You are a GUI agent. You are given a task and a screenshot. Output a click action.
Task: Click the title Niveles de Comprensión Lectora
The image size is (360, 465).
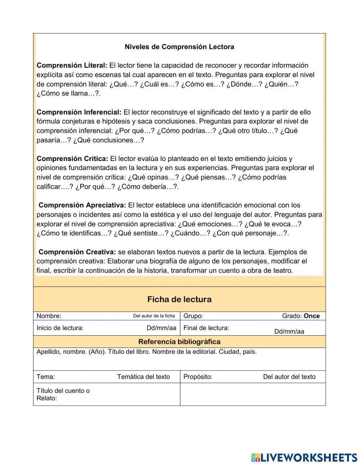[x=179, y=47]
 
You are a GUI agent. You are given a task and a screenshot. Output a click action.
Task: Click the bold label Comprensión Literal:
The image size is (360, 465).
[x=72, y=66]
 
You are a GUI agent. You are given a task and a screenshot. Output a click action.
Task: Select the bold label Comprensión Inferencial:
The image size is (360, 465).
[x=79, y=112]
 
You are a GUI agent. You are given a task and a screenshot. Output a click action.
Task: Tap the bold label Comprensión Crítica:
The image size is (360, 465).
[x=72, y=159]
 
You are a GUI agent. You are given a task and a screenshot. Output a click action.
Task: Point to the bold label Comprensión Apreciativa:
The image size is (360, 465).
[x=82, y=205]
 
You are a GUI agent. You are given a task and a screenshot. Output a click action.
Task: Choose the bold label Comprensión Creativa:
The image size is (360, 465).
[x=77, y=252]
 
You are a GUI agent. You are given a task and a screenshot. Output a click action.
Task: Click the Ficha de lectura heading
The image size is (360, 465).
[x=179, y=299]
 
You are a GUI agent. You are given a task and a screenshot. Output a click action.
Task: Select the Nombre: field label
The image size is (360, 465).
[x=49, y=316]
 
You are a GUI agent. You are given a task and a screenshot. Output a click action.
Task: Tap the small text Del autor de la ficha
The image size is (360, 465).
[x=154, y=316]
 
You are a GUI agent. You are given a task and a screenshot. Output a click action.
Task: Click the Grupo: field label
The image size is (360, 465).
[x=193, y=316]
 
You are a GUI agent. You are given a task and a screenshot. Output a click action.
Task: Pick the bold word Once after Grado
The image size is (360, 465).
[x=312, y=316]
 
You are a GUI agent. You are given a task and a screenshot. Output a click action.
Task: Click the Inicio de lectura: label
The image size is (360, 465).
[x=60, y=328]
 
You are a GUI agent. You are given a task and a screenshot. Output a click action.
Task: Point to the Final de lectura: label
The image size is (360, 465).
[x=206, y=328]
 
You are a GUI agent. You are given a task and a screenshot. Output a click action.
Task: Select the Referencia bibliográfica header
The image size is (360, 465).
[x=179, y=342]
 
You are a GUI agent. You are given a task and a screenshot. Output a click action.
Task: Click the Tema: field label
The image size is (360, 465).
[x=46, y=377]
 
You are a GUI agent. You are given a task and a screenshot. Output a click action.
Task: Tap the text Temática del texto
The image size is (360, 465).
[x=143, y=377]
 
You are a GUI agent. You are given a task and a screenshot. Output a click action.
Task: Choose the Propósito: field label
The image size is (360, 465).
[x=198, y=377]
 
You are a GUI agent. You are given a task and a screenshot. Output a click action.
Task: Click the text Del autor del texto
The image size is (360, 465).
[x=289, y=377]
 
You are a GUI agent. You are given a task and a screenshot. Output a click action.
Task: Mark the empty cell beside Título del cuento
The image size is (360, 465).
[x=253, y=394]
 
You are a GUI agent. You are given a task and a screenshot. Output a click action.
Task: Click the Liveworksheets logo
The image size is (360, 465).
[x=304, y=457]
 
